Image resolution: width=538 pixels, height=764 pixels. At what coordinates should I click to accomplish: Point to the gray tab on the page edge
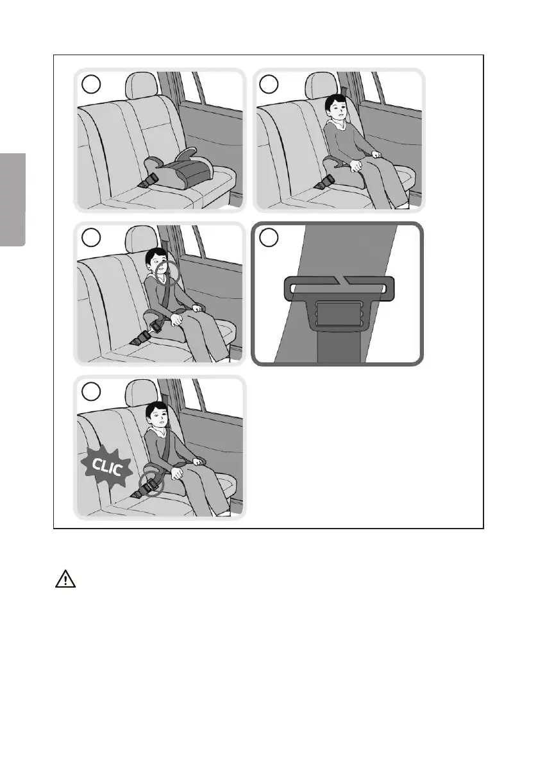tap(13, 199)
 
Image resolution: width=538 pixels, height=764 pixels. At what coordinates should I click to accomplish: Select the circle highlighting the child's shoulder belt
tap(168, 272)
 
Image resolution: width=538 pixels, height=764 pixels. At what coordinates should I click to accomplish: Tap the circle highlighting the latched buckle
tap(151, 484)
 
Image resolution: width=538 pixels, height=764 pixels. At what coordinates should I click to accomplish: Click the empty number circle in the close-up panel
tap(269, 237)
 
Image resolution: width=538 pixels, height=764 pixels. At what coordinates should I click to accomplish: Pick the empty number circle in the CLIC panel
tap(91, 391)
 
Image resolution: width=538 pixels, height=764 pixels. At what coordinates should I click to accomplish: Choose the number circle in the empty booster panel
tap(91, 84)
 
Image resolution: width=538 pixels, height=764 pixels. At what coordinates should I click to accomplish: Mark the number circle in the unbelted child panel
tap(269, 84)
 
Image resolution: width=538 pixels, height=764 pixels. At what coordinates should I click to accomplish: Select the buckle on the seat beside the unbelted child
tap(323, 183)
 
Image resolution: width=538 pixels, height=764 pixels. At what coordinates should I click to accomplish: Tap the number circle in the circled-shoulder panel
tap(91, 237)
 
